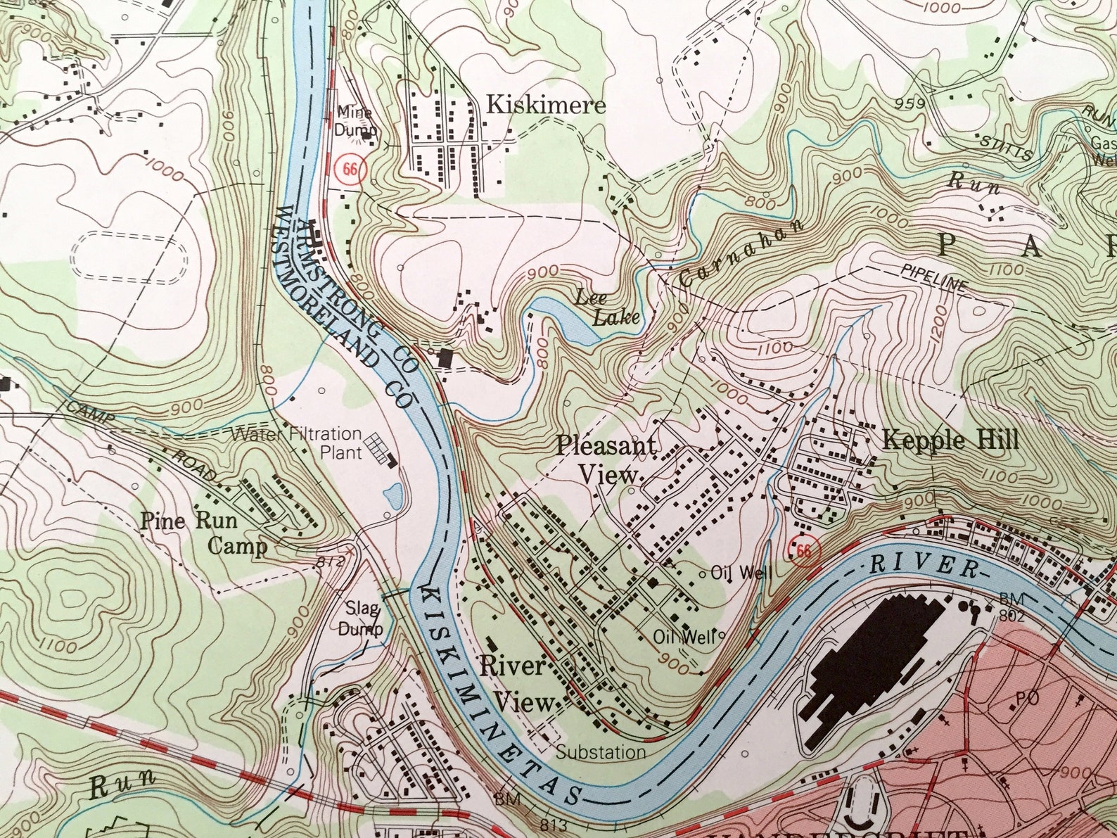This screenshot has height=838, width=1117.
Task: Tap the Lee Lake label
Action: click(609, 307)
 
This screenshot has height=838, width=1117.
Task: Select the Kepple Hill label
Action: click(950, 440)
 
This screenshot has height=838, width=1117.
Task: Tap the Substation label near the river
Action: click(601, 752)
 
